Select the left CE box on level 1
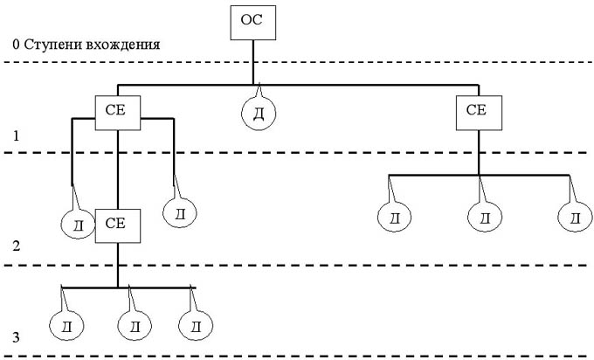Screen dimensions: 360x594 pos(117,110)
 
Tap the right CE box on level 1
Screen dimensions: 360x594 pos(477,110)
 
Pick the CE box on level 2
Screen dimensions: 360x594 pos(117,223)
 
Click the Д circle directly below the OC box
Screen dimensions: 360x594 pos(258,114)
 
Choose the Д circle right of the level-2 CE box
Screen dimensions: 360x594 pos(180,213)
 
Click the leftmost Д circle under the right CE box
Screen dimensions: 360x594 pos(394,217)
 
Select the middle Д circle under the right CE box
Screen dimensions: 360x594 pos(485,217)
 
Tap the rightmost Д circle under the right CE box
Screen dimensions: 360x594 pos(575,217)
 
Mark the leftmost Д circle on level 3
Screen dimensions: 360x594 pos(66,327)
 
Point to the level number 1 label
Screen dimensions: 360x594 pos(16,137)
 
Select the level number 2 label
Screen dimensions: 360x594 pos(16,247)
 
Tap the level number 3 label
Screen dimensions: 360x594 pos(16,336)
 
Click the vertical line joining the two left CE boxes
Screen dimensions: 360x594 pos(117,166)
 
